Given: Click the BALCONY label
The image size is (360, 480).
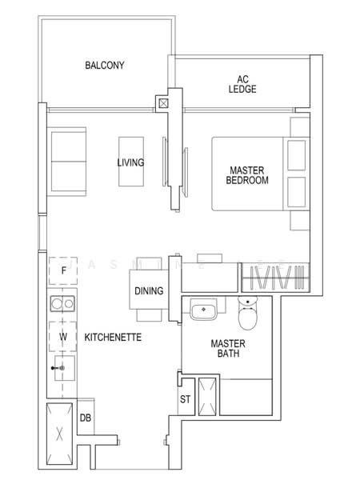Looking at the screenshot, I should coord(104,66).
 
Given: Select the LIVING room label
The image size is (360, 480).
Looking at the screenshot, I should coord(130,162).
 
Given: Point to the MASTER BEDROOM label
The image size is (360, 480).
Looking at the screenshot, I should coord(248,175).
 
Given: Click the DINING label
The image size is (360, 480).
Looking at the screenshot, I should coord(150,291).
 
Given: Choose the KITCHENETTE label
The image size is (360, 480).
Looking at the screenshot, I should coord(113,338).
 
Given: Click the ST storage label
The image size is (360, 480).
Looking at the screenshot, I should coord(185,398).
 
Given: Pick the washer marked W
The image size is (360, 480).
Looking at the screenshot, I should coord(62,337).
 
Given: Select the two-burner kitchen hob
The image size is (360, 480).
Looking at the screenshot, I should coord(62,303).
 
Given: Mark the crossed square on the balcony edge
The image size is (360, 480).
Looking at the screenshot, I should coord(164,102).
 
